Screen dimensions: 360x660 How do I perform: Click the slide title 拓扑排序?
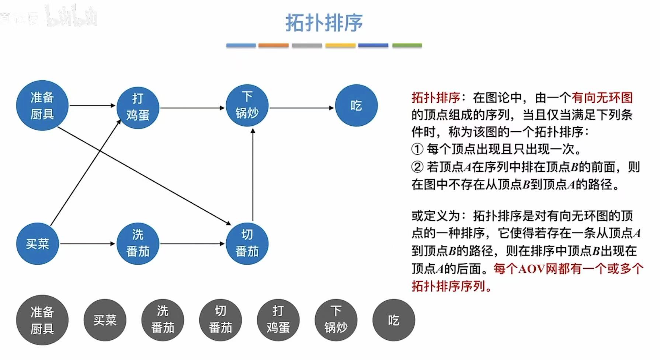324,23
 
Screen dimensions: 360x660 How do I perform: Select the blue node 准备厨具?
42,106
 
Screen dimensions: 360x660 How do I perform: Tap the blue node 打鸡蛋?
138,107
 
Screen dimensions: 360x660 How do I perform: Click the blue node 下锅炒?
247,105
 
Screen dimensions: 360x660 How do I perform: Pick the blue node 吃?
356,106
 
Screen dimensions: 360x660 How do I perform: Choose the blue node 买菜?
37,244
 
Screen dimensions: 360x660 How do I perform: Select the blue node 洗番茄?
138,244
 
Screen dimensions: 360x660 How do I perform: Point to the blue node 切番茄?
247,244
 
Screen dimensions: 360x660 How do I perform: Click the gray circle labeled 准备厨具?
42,320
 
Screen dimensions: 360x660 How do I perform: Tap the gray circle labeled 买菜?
105,320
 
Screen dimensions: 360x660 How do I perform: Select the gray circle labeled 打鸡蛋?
278,320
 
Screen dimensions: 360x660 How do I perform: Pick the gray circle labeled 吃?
393,320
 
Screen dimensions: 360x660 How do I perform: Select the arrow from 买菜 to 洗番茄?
87,244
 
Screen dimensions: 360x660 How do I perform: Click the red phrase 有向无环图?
602,98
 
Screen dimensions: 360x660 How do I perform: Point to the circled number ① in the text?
417,149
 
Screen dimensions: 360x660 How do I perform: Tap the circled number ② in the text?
417,167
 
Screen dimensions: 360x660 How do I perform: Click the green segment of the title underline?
407,45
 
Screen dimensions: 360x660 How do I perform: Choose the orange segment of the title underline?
273,45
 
